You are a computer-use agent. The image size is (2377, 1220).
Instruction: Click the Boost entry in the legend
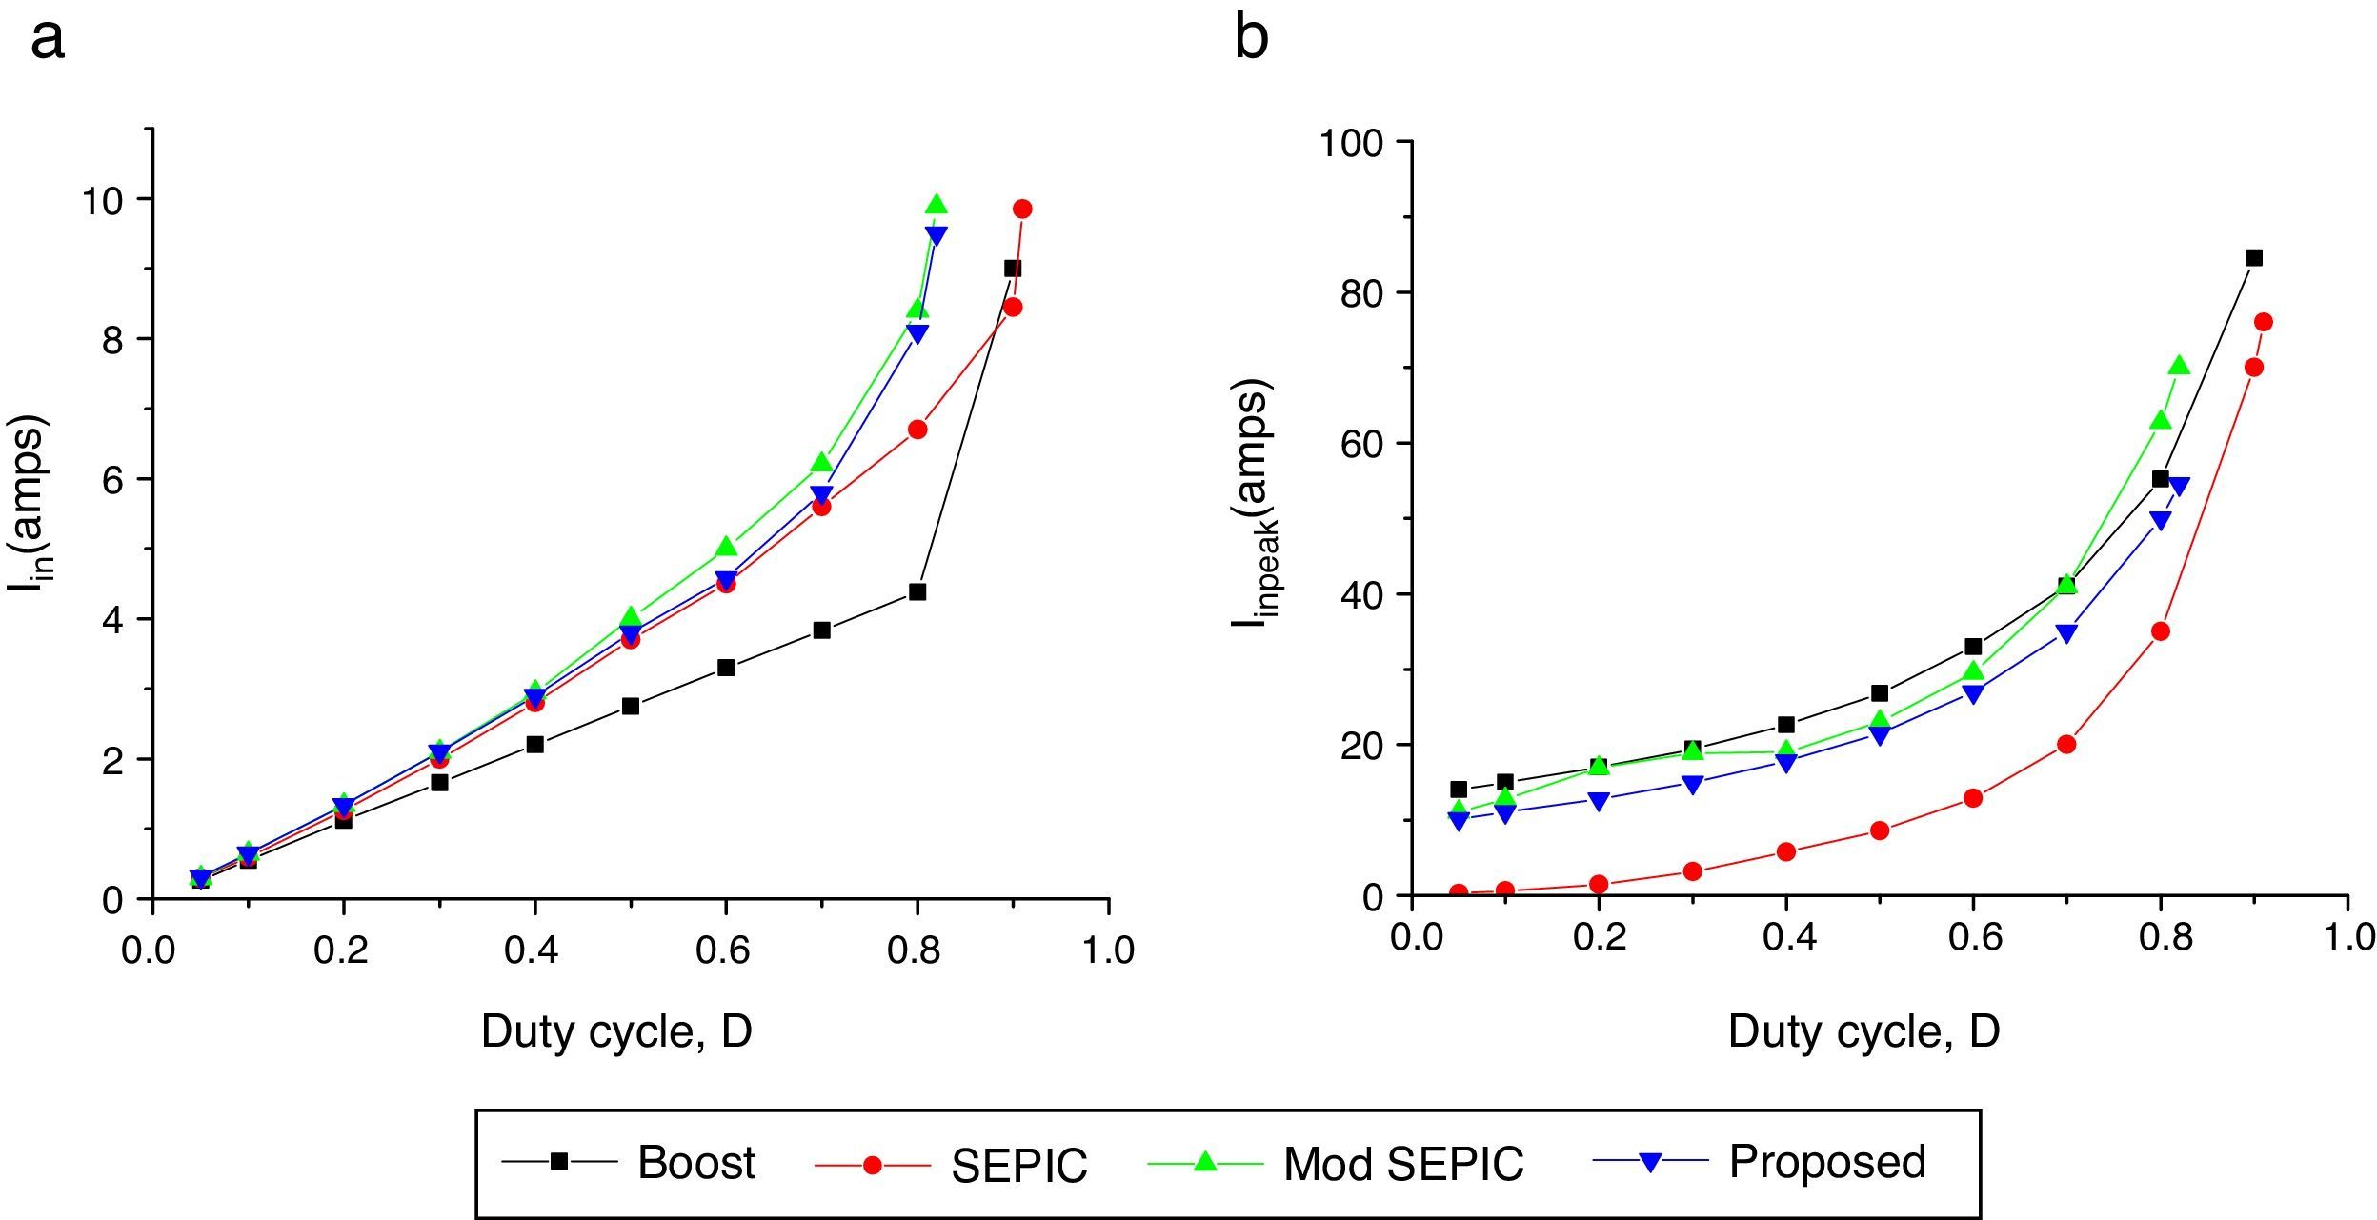click(x=696, y=1163)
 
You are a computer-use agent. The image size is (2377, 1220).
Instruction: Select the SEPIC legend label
click(x=1019, y=1166)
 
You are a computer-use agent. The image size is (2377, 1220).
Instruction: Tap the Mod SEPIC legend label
click(x=1403, y=1164)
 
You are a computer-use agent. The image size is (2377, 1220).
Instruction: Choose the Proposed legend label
click(x=1827, y=1161)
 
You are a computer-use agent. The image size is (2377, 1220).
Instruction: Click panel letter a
click(x=48, y=40)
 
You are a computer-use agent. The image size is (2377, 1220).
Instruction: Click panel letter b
click(x=1251, y=40)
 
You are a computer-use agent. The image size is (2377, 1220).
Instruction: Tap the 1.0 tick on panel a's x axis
click(x=1108, y=950)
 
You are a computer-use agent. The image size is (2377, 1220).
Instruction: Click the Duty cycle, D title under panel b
click(x=1863, y=1031)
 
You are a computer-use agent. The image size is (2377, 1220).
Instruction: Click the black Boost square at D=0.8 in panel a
click(x=917, y=591)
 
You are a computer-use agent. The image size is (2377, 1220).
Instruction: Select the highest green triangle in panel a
click(x=936, y=204)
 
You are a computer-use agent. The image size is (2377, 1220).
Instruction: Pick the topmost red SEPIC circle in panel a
click(x=1022, y=209)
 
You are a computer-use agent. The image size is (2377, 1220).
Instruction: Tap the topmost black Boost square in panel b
click(x=2254, y=257)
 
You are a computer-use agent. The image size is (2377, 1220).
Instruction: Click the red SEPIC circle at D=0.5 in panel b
click(x=1880, y=830)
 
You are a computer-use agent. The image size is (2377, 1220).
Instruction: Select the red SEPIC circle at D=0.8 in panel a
click(x=917, y=430)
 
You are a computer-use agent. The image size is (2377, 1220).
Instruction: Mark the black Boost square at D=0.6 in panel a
click(x=726, y=668)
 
